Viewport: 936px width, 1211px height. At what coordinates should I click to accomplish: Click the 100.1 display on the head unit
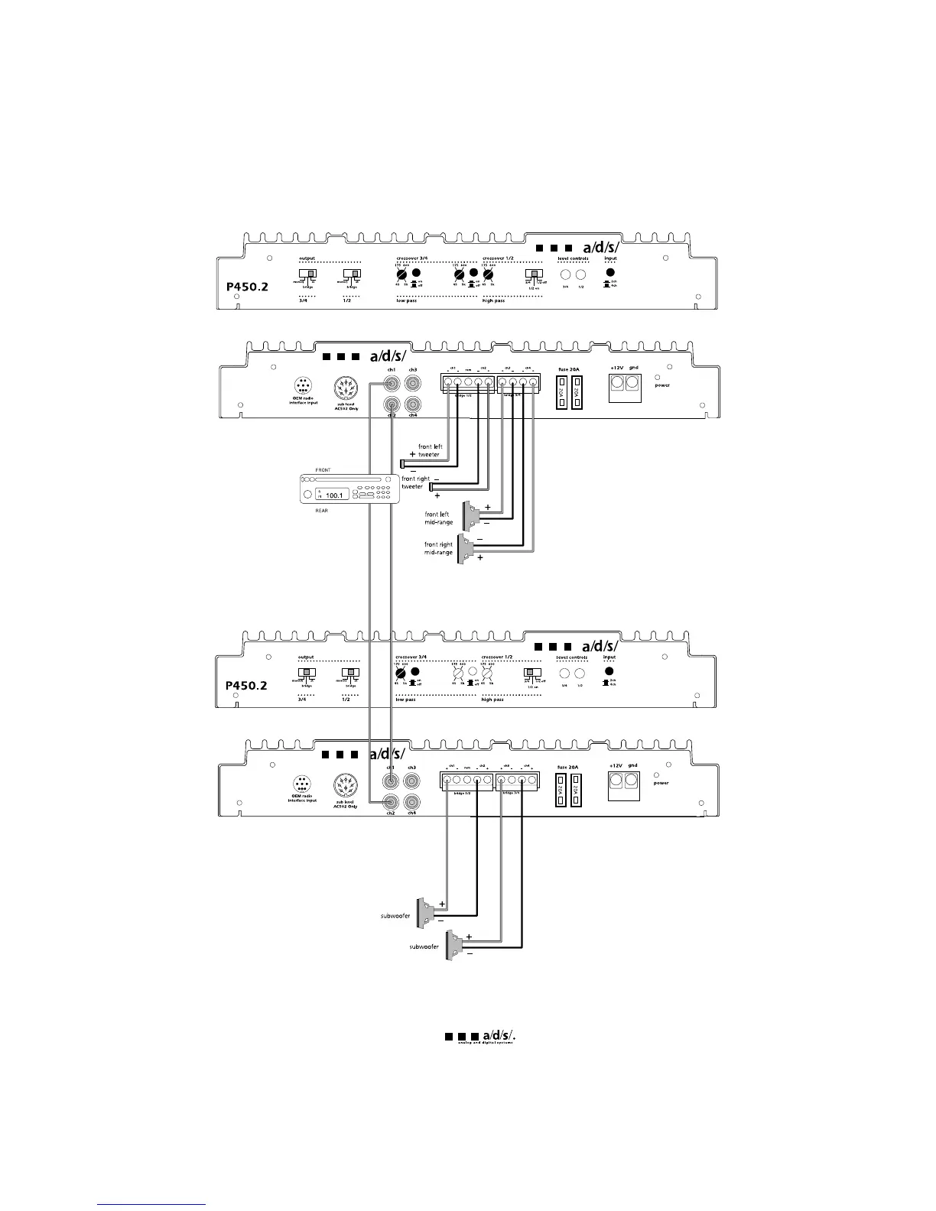coord(333,495)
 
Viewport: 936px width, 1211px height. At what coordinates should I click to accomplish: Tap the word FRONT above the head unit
coord(323,470)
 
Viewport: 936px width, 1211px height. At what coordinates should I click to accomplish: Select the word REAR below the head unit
coord(322,511)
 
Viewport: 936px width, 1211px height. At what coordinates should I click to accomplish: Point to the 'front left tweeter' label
coord(430,451)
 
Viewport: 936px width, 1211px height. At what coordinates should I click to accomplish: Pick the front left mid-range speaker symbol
coord(467,514)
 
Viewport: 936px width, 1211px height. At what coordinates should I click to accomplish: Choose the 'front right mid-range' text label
coord(439,549)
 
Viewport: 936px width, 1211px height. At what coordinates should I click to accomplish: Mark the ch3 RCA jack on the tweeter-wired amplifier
coord(413,384)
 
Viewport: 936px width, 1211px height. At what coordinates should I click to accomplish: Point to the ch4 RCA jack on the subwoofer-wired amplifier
coord(411,802)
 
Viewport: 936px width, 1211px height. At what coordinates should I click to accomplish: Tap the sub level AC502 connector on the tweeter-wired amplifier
coord(346,388)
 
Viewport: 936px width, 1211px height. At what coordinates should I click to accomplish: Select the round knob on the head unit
coord(307,495)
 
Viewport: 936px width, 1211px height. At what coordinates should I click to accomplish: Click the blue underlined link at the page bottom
coord(152,1204)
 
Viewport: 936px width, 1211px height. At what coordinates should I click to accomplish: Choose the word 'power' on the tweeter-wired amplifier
coord(662,385)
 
